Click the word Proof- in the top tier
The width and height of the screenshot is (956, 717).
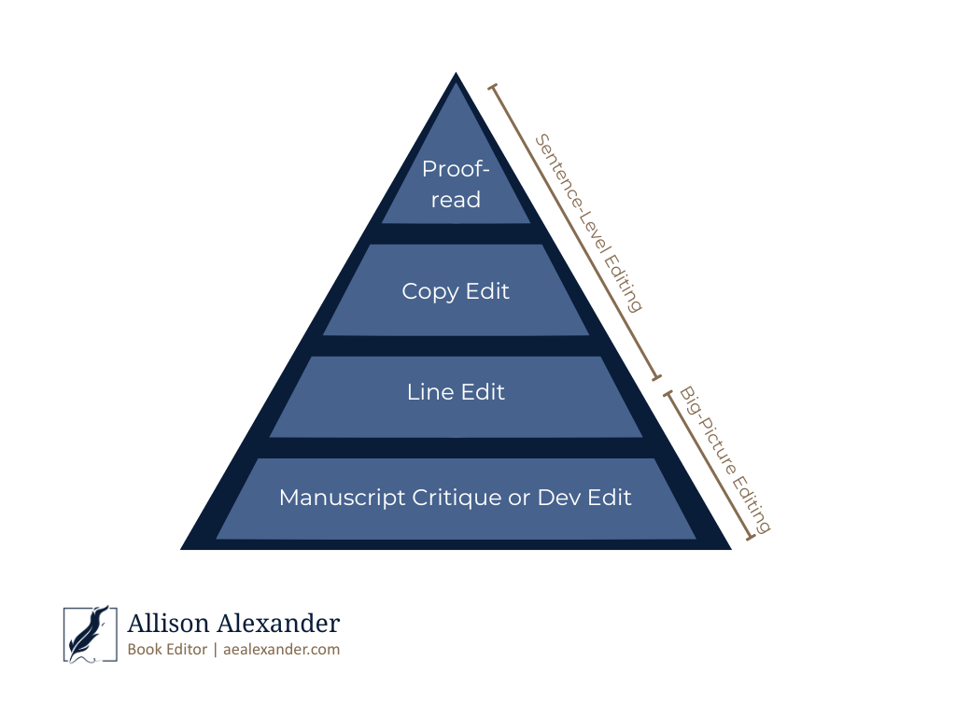[456, 169]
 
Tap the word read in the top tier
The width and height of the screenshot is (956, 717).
[456, 200]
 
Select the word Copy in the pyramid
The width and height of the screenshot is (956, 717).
[429, 291]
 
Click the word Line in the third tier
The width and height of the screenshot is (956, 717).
[426, 392]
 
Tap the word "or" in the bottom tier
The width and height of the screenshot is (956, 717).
[519, 499]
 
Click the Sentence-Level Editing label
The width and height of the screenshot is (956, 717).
[588, 222]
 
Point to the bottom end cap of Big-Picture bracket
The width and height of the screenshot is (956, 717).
[750, 539]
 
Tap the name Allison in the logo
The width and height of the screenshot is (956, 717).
[170, 623]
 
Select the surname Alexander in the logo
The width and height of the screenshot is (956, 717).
[280, 623]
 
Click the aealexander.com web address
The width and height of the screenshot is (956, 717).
[281, 650]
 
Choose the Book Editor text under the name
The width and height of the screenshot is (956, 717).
[167, 650]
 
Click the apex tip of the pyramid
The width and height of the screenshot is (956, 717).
[456, 74]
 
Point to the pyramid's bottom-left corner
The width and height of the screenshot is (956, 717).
[182, 549]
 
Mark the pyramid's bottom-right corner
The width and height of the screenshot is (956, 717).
[730, 549]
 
